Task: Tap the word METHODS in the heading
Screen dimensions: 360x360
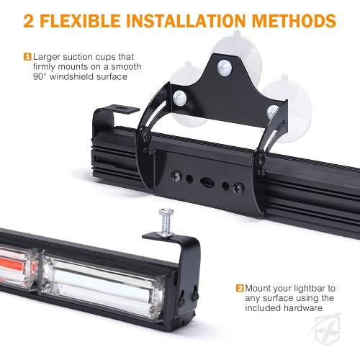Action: click(x=294, y=21)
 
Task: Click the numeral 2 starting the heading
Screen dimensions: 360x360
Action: click(x=29, y=21)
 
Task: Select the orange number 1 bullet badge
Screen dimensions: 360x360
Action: click(x=27, y=57)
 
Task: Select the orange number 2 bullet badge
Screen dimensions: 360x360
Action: click(x=240, y=288)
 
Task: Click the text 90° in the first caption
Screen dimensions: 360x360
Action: click(x=40, y=77)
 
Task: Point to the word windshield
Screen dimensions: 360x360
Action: click(x=72, y=77)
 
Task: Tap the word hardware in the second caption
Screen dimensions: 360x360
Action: click(x=303, y=308)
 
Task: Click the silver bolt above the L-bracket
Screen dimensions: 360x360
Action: click(x=166, y=222)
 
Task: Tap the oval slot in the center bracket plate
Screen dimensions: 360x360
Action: click(x=207, y=182)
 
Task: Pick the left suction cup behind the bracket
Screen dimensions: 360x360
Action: click(x=185, y=96)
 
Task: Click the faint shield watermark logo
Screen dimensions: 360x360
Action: click(x=326, y=329)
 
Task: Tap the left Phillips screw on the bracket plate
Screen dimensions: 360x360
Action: click(x=176, y=176)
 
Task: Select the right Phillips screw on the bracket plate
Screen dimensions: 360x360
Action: click(x=239, y=189)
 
